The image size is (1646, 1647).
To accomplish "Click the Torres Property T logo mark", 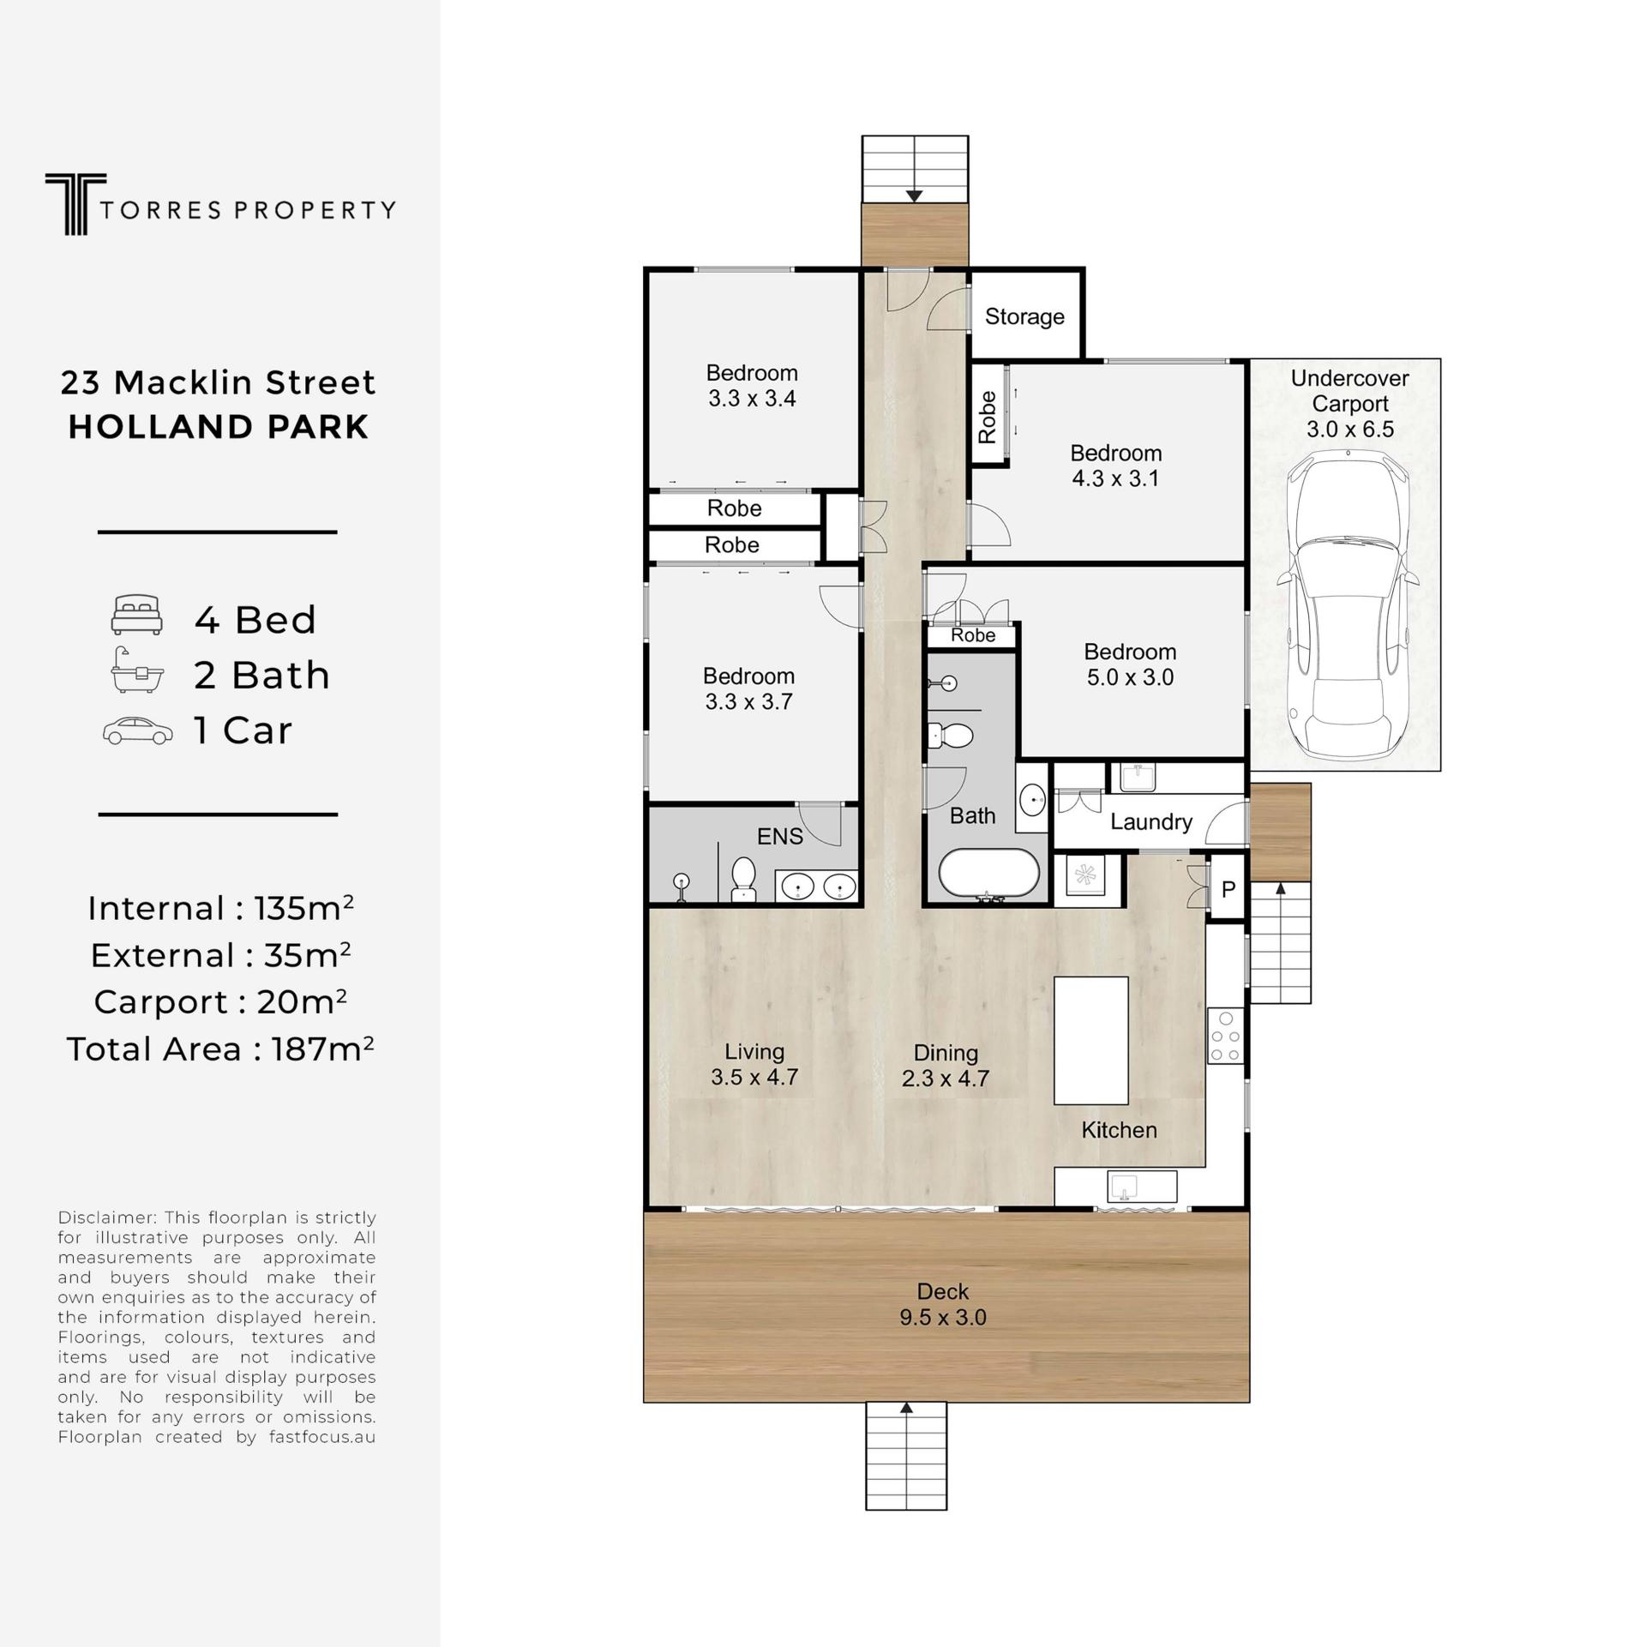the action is click(75, 204).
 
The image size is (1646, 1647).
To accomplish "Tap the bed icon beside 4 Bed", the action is click(137, 615).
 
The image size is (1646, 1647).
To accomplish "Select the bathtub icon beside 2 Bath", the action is click(137, 670).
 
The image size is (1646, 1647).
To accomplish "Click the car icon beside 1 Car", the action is click(137, 730).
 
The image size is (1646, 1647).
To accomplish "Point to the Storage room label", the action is click(1024, 316).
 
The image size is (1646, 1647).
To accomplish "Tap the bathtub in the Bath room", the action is click(988, 874).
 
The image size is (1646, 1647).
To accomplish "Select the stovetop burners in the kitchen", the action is click(1225, 1036).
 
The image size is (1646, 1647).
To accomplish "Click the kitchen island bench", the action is click(1090, 1040).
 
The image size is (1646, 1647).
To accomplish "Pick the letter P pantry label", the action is click(1228, 890).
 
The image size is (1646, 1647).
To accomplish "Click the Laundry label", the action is click(1150, 822).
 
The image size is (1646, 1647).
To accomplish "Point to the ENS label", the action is click(779, 836).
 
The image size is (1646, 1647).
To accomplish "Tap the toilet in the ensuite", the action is click(743, 879).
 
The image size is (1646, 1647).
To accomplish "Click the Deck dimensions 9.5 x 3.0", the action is click(942, 1317).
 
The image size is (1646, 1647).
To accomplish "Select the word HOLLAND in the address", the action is click(158, 427).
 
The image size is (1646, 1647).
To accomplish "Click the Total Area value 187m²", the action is click(322, 1049).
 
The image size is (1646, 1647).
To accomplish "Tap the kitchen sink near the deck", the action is click(1123, 1187).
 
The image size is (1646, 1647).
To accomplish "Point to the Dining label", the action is click(945, 1053).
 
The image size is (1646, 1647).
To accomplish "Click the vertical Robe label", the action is click(988, 417).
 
